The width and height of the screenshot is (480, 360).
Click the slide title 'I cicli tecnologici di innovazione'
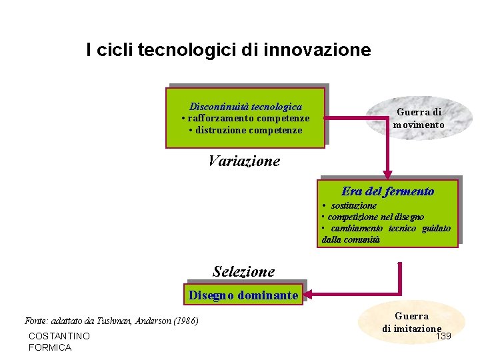[228, 50]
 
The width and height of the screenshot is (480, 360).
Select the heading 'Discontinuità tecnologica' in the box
[245, 107]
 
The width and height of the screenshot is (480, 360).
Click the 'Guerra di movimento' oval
[419, 119]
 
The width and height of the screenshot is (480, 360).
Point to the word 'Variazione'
[244, 161]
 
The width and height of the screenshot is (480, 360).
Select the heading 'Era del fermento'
[387, 191]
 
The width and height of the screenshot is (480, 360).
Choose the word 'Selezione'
[243, 271]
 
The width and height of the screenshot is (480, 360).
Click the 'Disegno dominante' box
[243, 295]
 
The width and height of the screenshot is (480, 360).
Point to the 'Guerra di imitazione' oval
[411, 322]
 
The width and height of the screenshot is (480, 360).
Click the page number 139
[443, 335]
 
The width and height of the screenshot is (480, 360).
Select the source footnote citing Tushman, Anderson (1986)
[111, 321]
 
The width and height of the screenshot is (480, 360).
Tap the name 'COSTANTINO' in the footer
[59, 336]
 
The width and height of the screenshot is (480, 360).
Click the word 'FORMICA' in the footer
[50, 347]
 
